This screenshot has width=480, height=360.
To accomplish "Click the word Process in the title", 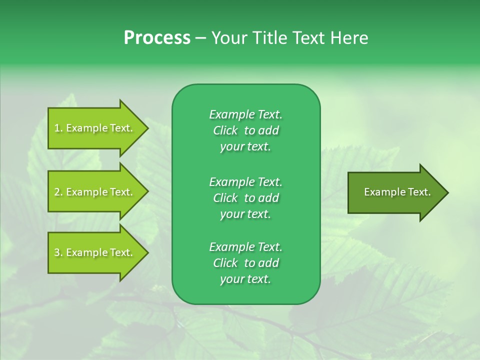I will (157, 38).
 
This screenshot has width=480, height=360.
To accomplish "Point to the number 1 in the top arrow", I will (57, 128).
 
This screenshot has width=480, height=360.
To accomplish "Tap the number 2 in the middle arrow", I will (57, 192).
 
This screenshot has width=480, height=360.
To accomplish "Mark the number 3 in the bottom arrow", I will (57, 252).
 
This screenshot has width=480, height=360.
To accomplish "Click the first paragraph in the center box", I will (245, 130).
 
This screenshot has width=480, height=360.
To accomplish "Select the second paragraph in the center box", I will (245, 197).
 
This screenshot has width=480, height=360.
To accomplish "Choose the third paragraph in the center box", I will (245, 263).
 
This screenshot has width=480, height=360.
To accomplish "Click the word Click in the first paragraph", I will (225, 130).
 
